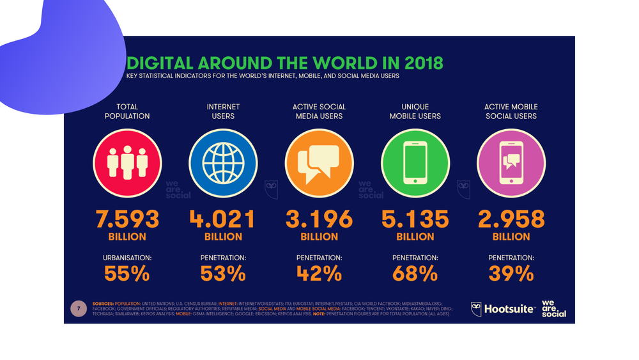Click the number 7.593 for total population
pyautogui.click(x=127, y=219)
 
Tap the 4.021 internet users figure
pyautogui.click(x=222, y=219)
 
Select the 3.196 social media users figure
pyautogui.click(x=319, y=219)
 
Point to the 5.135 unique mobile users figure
pyautogui.click(x=415, y=219)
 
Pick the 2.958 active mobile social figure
pyautogui.click(x=511, y=219)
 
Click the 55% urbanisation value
pyautogui.click(x=127, y=274)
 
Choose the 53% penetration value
pyautogui.click(x=222, y=274)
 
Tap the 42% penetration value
pyautogui.click(x=319, y=274)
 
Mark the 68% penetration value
pyautogui.click(x=415, y=274)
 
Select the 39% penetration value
pyautogui.click(x=511, y=274)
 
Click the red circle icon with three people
pyautogui.click(x=127, y=162)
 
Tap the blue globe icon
pyautogui.click(x=223, y=162)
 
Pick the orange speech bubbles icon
pyautogui.click(x=319, y=162)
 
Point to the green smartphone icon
pyautogui.click(x=415, y=162)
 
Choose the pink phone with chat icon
pyautogui.click(x=511, y=162)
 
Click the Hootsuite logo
pyautogui.click(x=503, y=309)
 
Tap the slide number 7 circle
pyautogui.click(x=79, y=309)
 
